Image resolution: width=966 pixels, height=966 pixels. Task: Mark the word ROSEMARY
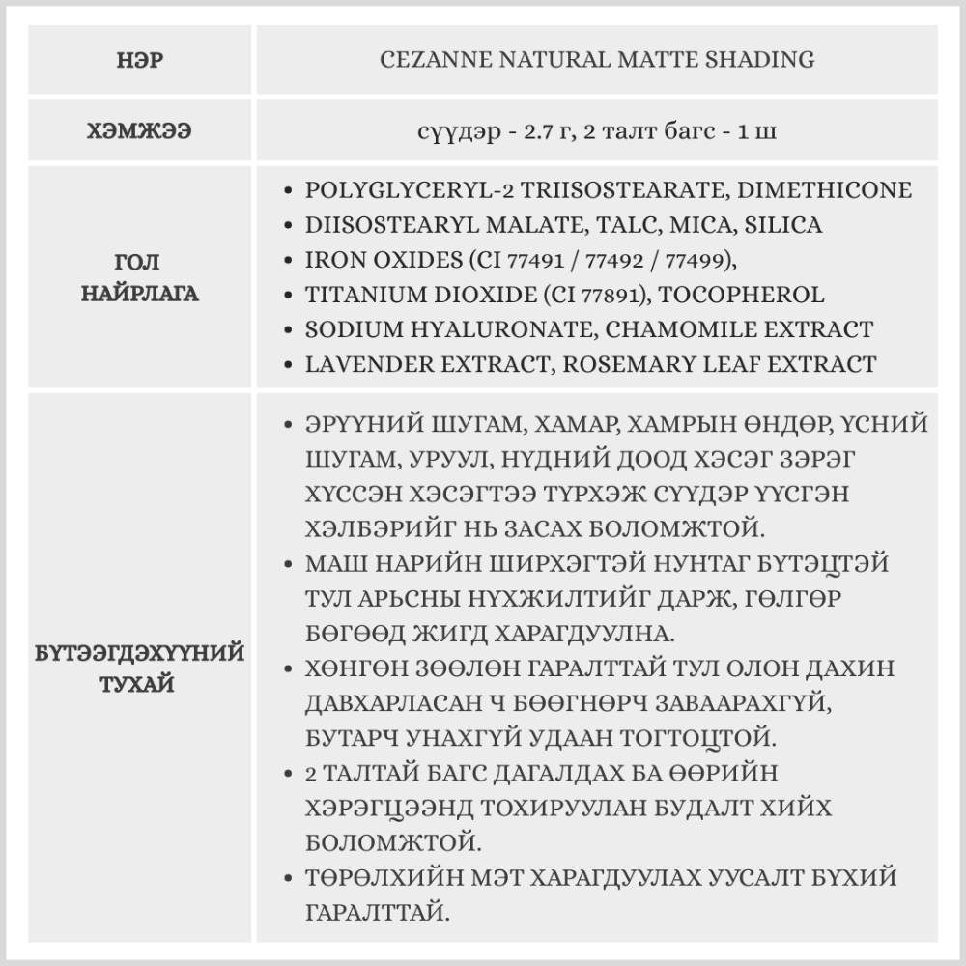tap(626, 364)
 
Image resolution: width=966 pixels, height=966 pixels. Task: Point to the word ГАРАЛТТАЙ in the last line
tap(376, 911)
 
